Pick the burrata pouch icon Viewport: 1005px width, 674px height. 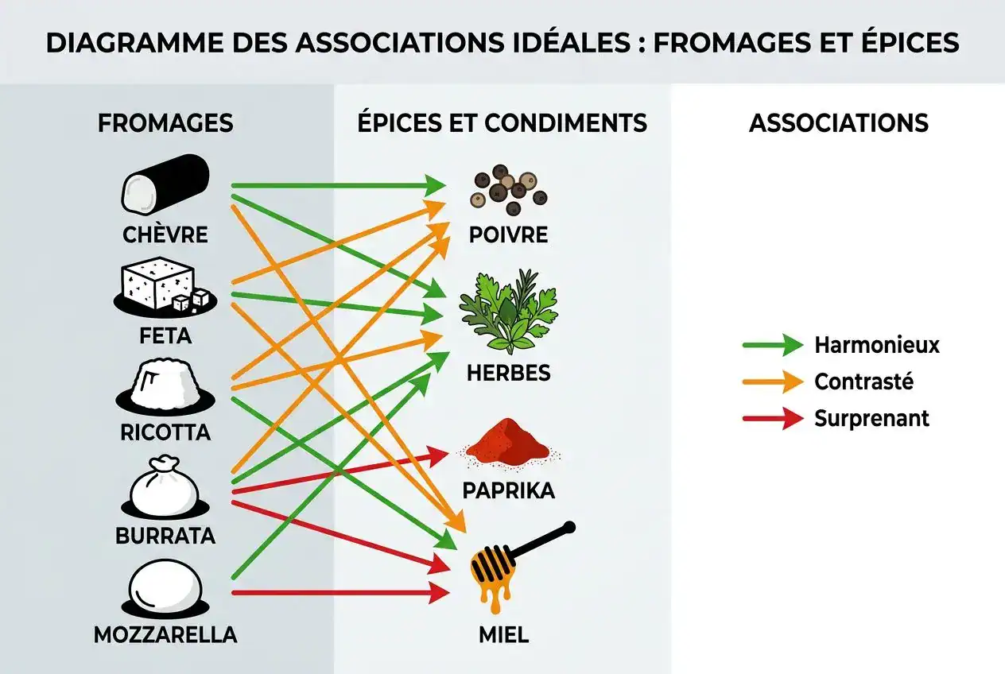click(165, 486)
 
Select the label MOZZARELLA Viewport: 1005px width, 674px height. click(165, 636)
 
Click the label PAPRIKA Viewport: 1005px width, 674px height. click(509, 490)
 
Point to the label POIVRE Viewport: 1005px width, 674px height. click(509, 235)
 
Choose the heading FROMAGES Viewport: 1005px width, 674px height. click(165, 123)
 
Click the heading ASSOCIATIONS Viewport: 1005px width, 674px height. click(839, 123)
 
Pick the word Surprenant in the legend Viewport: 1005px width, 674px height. click(871, 418)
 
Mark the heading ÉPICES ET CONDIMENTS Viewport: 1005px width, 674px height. click(502, 123)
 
